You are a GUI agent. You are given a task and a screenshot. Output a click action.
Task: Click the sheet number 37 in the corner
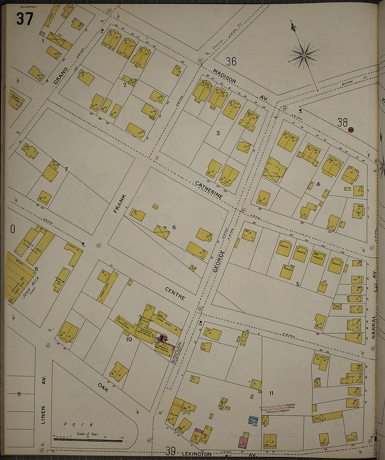24,19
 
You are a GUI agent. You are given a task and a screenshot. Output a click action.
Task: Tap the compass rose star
304,55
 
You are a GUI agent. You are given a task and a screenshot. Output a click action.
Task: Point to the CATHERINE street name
209,190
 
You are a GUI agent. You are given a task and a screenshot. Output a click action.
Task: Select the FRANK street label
118,203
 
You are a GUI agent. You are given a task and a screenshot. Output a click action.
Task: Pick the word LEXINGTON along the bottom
197,454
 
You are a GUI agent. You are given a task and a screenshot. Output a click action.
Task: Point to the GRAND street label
61,75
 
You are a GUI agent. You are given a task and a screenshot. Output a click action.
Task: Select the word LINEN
43,415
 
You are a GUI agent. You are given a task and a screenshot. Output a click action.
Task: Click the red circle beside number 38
351,130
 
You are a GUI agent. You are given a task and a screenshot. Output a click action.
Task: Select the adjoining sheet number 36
231,62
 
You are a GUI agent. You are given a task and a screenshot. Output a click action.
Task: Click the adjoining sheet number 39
170,451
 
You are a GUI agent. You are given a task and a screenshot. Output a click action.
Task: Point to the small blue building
253,419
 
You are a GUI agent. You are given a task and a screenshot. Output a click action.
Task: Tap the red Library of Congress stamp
277,408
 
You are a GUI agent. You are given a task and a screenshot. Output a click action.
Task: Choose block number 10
129,339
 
